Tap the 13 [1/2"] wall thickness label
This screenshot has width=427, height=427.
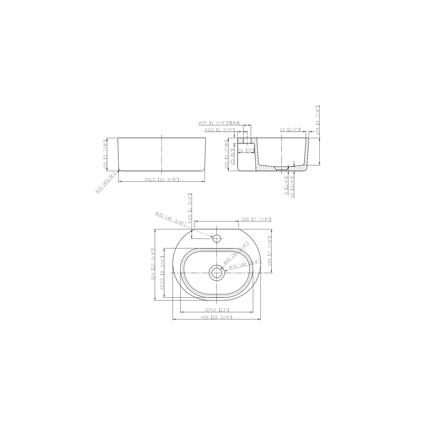tap(290, 130)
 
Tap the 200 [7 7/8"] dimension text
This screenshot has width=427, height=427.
tap(256, 219)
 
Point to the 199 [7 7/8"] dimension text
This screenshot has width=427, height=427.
tap(270, 251)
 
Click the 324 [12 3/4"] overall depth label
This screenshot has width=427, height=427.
tap(153, 265)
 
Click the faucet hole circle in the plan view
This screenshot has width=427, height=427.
tap(217, 239)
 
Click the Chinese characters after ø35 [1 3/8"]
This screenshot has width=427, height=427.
tap(235, 123)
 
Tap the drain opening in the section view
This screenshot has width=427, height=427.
tap(281, 169)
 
